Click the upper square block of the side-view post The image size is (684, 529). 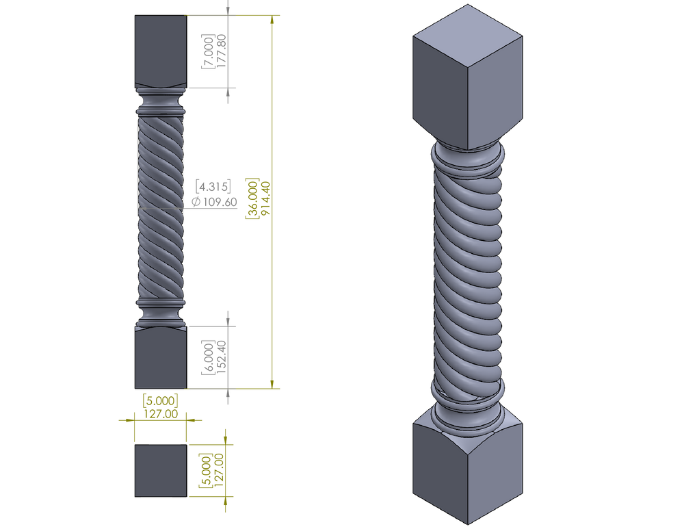160,51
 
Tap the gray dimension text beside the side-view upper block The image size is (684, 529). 212,51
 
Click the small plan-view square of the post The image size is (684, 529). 160,471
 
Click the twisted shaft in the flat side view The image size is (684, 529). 160,209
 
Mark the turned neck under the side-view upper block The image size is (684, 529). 160,103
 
